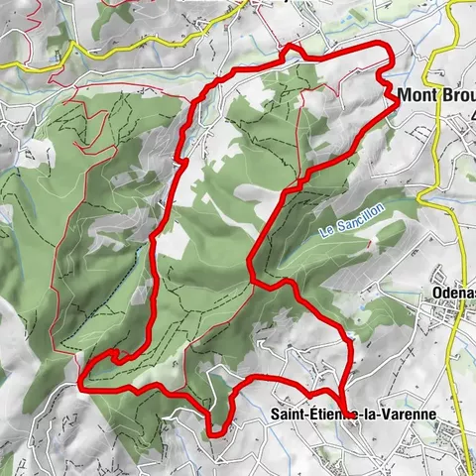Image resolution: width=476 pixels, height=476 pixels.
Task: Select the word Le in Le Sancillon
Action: pos(325,233)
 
